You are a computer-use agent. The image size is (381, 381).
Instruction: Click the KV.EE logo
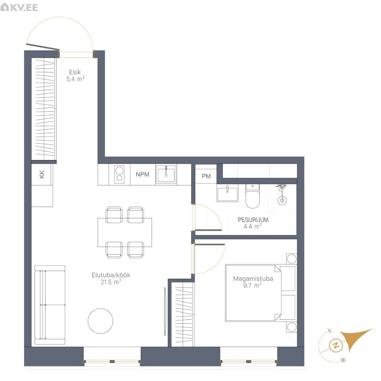(19, 7)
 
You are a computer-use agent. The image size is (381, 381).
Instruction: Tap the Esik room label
(75, 72)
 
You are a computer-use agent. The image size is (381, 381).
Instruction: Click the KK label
(42, 175)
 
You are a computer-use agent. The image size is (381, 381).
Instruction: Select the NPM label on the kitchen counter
(143, 175)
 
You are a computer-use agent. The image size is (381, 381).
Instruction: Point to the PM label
(206, 176)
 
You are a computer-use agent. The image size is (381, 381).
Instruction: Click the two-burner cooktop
(119, 174)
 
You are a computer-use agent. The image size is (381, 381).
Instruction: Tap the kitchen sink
(166, 175)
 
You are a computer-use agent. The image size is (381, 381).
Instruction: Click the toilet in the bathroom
(253, 196)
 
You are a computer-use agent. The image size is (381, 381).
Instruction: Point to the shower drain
(282, 201)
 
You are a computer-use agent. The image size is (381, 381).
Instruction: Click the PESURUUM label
(253, 220)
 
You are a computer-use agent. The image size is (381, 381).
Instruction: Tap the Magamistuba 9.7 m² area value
(253, 285)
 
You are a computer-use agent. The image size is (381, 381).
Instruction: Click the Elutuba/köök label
(111, 275)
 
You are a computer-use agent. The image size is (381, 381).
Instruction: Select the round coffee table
(100, 321)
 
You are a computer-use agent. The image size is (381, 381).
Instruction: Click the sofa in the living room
(50, 305)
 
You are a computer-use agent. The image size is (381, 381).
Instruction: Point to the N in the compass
(336, 345)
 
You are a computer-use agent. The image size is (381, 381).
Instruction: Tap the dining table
(125, 233)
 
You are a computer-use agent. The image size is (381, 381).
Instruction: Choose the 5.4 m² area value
(75, 79)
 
